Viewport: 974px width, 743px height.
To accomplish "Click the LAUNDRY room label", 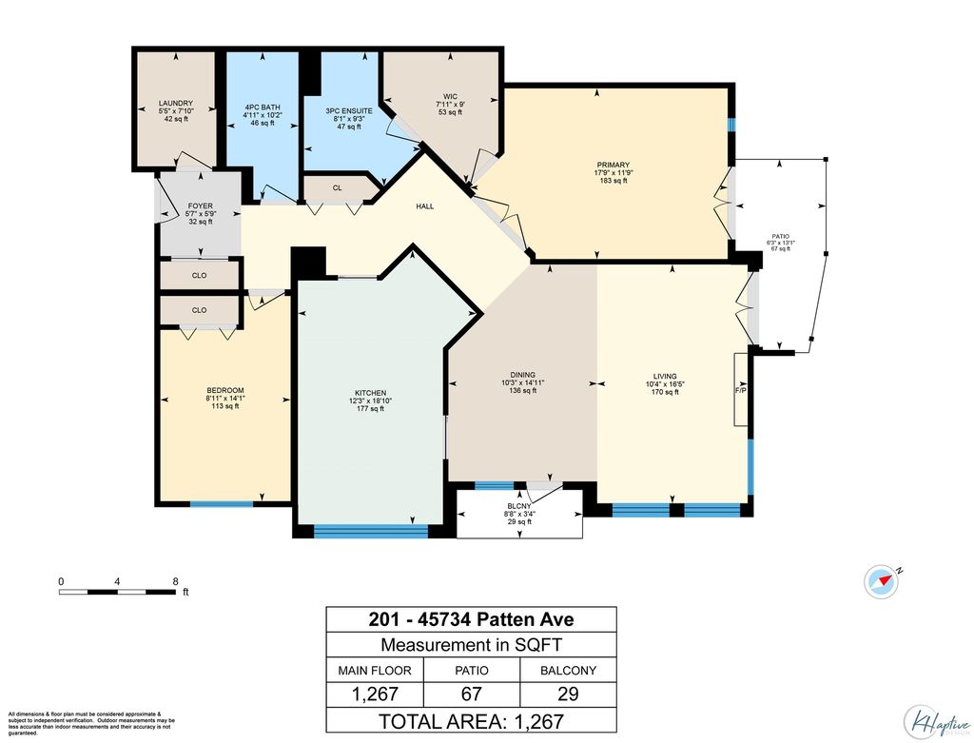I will click(176, 103).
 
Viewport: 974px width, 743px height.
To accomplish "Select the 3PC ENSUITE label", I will click(343, 110).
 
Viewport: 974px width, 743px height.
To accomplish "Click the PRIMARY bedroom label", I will click(613, 165).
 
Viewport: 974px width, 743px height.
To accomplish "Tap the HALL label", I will click(425, 205).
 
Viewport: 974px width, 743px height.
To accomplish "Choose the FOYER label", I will click(200, 205).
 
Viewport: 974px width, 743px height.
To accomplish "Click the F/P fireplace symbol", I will click(740, 390).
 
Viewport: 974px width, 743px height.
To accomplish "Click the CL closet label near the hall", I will click(337, 187).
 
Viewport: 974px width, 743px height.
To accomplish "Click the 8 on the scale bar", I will click(175, 579).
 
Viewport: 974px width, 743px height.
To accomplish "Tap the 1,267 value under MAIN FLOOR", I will click(375, 694).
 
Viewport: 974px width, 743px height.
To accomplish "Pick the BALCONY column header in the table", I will click(568, 670).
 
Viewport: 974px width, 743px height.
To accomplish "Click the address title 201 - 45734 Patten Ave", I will click(471, 620).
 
